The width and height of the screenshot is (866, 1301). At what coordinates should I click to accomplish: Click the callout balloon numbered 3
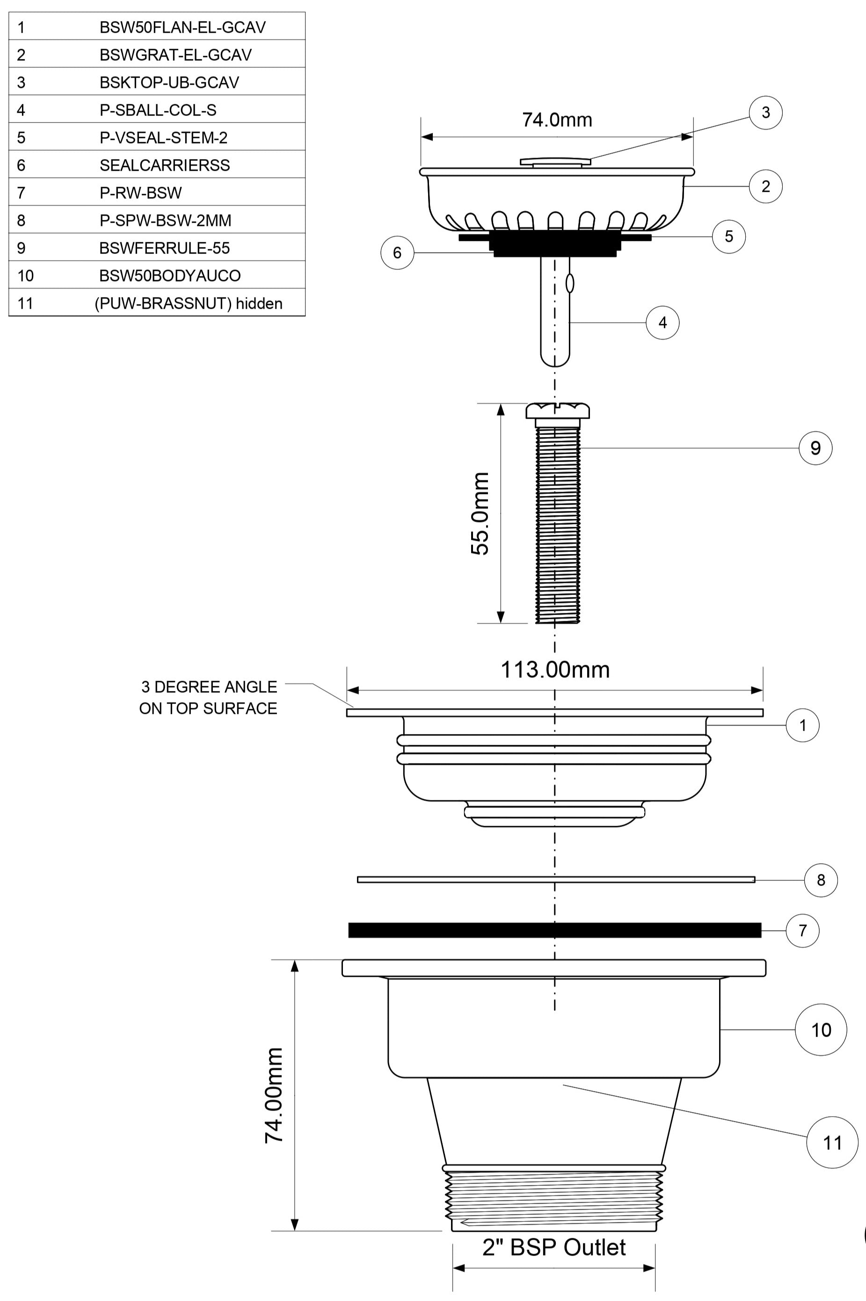coord(765,113)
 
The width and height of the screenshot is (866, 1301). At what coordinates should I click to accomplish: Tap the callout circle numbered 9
coord(815,448)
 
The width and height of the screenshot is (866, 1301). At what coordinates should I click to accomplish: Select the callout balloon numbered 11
coord(832,1142)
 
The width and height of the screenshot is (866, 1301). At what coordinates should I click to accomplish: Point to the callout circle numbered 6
coord(397,253)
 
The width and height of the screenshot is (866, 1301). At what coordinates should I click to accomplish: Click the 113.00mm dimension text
coord(555,670)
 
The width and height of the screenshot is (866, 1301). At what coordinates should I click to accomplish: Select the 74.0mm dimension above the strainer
coord(557,120)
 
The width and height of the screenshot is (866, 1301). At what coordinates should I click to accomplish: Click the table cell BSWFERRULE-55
coord(165,248)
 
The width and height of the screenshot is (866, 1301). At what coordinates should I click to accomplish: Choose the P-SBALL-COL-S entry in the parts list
coord(158,110)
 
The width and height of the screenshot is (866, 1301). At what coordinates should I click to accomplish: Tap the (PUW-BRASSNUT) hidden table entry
coord(189,303)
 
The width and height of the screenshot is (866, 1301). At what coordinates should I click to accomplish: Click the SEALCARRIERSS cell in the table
coord(165,165)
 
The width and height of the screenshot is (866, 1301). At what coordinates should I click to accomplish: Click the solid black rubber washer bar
coord(554,930)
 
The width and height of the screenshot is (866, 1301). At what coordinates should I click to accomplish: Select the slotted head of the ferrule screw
coord(557,411)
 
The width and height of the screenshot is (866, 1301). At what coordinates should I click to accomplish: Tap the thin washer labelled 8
coord(556,879)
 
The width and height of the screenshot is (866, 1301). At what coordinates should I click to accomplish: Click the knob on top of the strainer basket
coord(555,162)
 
